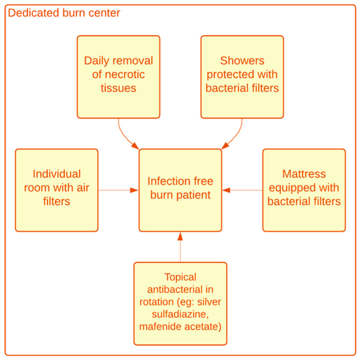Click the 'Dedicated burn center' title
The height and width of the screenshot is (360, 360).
(x=64, y=13)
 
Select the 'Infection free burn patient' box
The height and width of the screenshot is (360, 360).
(x=180, y=190)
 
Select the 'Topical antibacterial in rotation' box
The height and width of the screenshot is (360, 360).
(x=180, y=303)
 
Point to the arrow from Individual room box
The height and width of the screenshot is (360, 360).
(x=118, y=190)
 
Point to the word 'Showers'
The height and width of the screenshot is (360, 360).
(x=242, y=61)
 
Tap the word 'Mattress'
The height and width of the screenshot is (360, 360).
(x=304, y=174)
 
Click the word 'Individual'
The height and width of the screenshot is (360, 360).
(x=57, y=174)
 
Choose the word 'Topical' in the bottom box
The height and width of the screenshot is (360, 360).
(x=180, y=277)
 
